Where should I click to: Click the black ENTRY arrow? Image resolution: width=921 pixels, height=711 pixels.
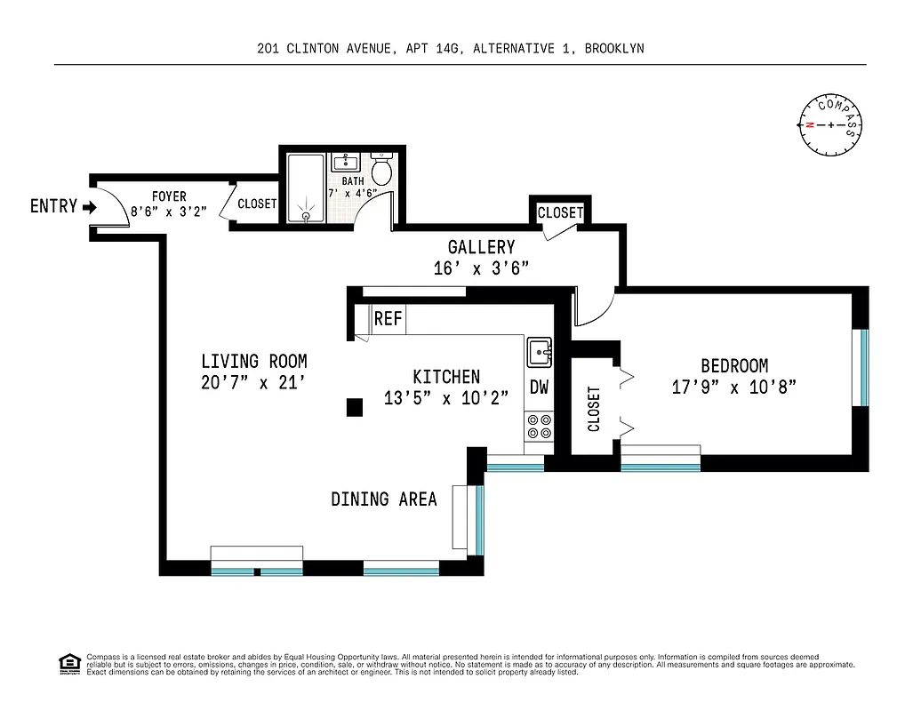click(x=89, y=207)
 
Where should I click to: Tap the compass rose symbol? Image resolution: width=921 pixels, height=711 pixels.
click(x=831, y=124)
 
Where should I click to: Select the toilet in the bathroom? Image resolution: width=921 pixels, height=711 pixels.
click(x=381, y=169)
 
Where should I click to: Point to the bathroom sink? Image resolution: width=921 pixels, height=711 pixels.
click(x=344, y=163)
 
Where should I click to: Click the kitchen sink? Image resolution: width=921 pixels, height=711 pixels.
click(x=539, y=353)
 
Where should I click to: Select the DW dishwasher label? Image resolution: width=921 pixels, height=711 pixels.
click(x=539, y=387)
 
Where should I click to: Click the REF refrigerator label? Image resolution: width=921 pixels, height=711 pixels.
click(x=388, y=319)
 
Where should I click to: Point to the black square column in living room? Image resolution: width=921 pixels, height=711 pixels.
click(x=355, y=407)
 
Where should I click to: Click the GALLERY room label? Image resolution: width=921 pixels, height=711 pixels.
click(x=481, y=247)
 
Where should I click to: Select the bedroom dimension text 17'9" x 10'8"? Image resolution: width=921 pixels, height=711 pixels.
click(x=733, y=387)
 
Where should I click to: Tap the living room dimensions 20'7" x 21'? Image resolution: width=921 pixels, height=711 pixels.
click(x=253, y=383)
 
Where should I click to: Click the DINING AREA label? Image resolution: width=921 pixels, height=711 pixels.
click(x=384, y=499)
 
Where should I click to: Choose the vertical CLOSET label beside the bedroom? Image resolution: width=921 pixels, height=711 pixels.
click(x=594, y=408)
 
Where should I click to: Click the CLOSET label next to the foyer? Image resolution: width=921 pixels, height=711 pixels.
click(x=257, y=204)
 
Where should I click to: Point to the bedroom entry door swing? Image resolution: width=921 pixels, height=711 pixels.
click(x=594, y=307)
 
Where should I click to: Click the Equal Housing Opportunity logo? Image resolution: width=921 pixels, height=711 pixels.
click(x=69, y=664)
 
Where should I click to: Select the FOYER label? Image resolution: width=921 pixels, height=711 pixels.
click(x=169, y=196)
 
